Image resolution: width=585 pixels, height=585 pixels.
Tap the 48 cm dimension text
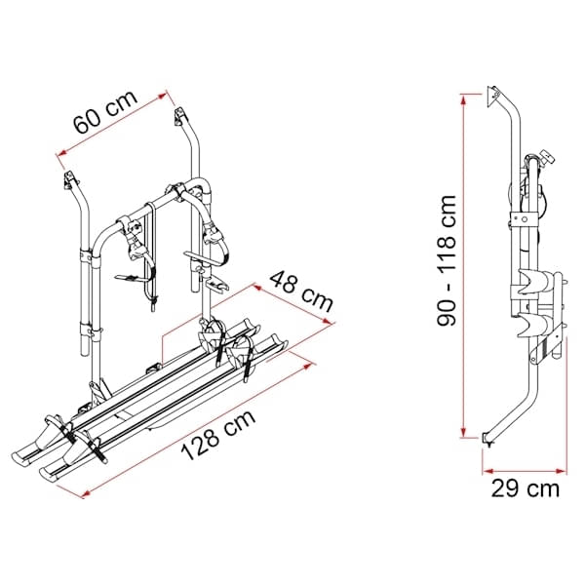[300, 292]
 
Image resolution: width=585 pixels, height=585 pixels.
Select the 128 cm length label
[218, 436]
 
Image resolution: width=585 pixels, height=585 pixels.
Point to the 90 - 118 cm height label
[447, 260]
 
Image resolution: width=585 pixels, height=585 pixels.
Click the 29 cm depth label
[526, 488]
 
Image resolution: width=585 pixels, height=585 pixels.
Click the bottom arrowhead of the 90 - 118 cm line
[463, 433]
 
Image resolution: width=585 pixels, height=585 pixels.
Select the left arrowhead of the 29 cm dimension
[487, 471]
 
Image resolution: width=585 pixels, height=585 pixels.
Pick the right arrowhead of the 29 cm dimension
[562, 471]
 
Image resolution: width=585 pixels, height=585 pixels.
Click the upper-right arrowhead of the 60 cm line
[162, 96]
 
